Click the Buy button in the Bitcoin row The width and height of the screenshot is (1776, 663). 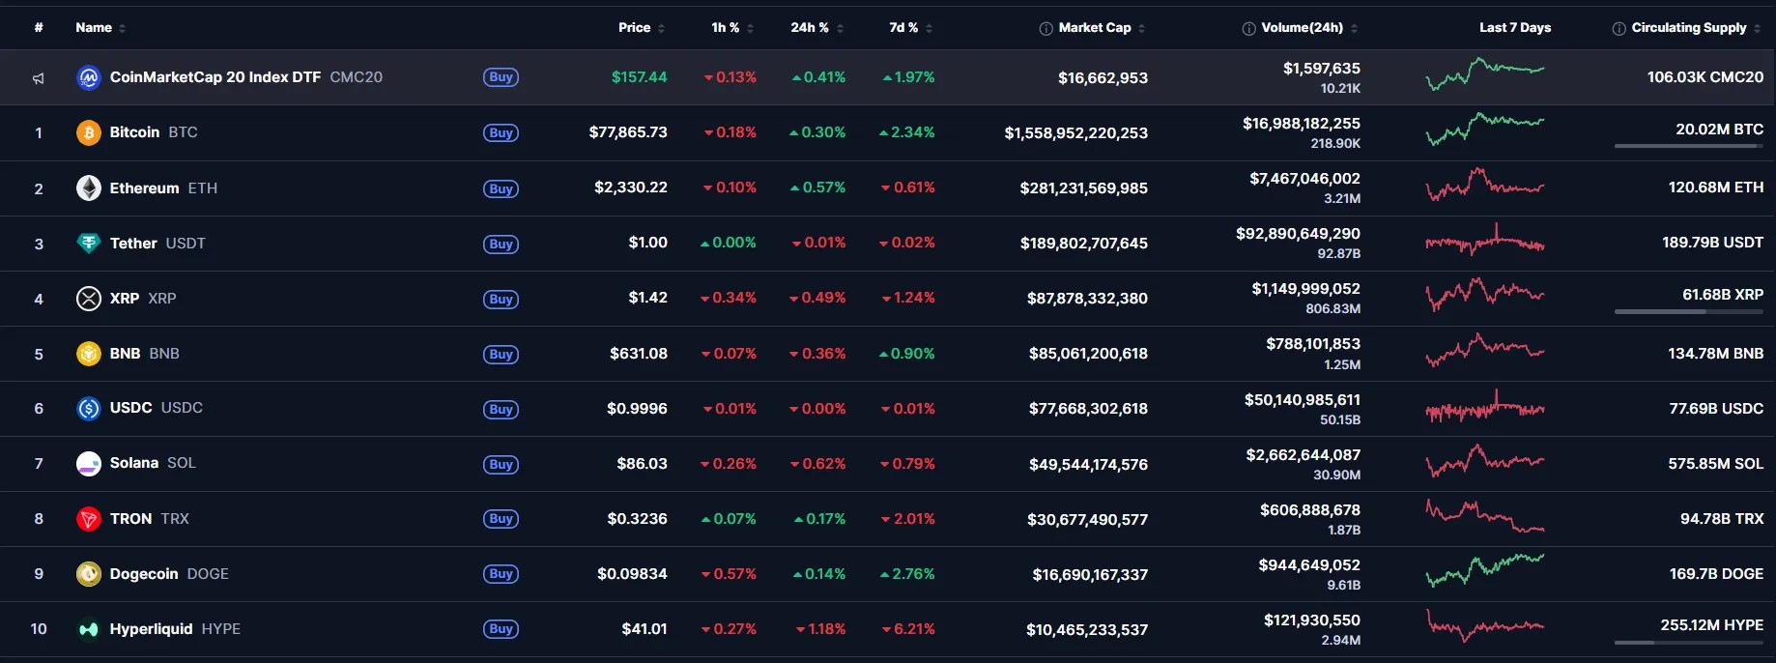501,133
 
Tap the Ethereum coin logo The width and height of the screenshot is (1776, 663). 89,187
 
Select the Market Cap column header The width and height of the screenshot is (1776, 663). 1094,28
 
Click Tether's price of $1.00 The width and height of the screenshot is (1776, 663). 647,243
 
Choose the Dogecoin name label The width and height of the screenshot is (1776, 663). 144,574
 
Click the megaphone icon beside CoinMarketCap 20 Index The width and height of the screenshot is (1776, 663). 39,78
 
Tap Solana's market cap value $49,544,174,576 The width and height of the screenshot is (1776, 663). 1088,465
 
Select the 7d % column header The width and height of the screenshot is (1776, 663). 903,28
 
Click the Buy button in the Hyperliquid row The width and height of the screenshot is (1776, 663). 501,629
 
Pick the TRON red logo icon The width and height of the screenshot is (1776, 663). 89,519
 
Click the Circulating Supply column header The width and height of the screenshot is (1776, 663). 1688,28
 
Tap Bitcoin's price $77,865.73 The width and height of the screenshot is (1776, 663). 628,132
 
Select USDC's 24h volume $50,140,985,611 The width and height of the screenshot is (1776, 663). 1302,400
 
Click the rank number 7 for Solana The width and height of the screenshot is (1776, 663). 39,464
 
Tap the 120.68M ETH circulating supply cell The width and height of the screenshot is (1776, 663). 1715,187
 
